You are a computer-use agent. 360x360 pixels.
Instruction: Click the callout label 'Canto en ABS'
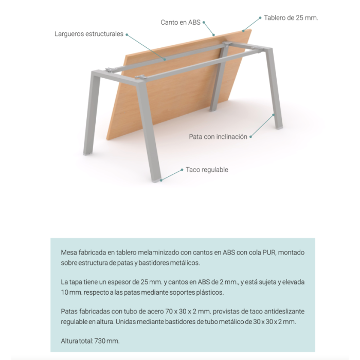tap(181, 22)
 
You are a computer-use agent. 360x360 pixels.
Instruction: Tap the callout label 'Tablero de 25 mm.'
tap(291, 17)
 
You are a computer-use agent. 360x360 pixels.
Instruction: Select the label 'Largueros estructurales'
tap(89, 34)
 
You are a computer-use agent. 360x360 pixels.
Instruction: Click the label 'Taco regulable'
tap(207, 170)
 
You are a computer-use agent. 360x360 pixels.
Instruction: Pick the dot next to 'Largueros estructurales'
tap(127, 34)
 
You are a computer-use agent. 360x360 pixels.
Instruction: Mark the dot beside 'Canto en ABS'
tap(204, 22)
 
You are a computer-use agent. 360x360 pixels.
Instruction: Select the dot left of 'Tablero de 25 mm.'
tap(260, 17)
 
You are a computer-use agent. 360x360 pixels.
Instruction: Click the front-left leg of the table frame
tap(91, 113)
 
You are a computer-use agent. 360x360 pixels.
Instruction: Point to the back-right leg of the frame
tap(276, 87)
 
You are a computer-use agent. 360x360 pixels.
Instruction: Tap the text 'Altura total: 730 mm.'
tap(90, 341)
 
